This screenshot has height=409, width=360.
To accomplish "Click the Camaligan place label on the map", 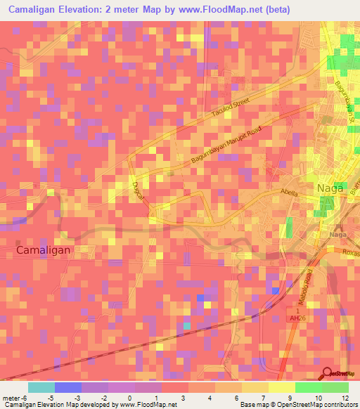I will click(x=44, y=249).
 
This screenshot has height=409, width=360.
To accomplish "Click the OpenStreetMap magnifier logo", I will click(x=328, y=372).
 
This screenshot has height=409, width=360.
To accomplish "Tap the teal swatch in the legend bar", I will click(x=41, y=387).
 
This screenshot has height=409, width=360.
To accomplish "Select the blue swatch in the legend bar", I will click(x=67, y=387).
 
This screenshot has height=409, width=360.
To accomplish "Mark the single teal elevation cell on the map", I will click(x=187, y=325).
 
